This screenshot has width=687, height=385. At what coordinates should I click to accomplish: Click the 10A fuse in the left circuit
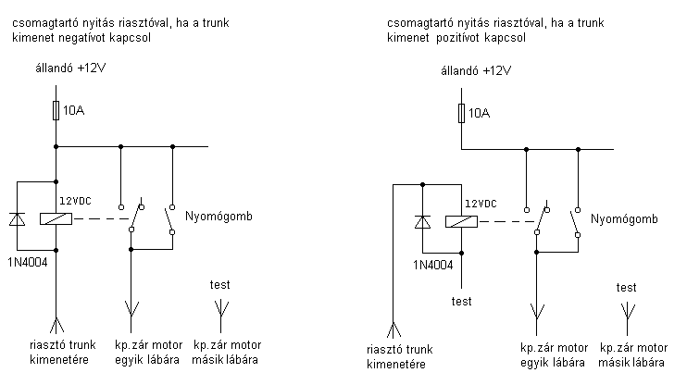56,112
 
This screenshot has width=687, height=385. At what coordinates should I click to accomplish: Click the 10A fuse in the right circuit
461,113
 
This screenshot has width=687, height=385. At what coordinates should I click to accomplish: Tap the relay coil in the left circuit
56,219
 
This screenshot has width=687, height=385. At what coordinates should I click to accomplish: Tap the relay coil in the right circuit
461,222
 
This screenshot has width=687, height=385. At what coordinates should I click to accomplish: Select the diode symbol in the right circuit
422,222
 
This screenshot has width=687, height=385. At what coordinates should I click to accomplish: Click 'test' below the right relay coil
461,301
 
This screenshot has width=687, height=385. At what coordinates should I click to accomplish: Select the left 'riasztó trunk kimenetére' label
56,353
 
